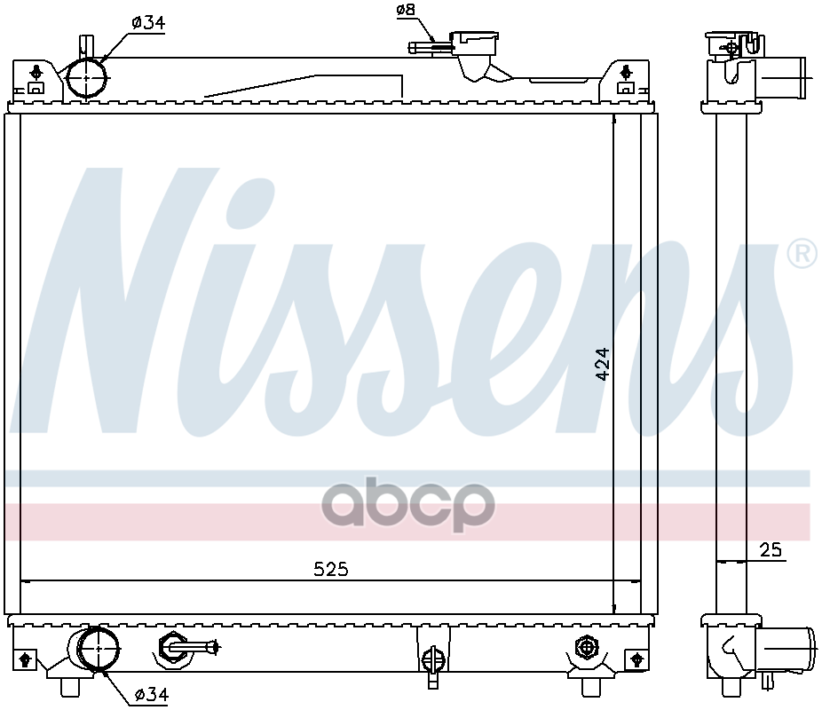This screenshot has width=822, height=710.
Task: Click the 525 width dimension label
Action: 331,569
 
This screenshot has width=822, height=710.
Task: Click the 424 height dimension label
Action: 603,364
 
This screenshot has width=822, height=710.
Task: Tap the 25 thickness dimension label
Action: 771,549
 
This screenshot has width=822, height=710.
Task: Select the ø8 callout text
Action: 406,10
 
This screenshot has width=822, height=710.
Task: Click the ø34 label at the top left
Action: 148,22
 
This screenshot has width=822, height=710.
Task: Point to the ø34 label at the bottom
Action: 152,695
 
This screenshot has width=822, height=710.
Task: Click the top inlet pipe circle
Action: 87,78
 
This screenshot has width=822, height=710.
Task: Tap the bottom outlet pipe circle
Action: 98,649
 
